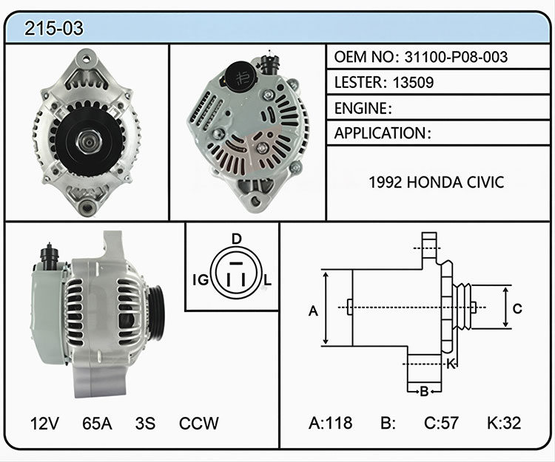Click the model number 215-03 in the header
[54, 28]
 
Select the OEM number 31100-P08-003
[456, 57]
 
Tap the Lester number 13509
[413, 82]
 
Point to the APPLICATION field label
[380, 133]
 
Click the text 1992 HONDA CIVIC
[436, 183]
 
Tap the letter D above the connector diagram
[236, 240]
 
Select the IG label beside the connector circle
[201, 280]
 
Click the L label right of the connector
[268, 280]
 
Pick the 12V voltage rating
[44, 423]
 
